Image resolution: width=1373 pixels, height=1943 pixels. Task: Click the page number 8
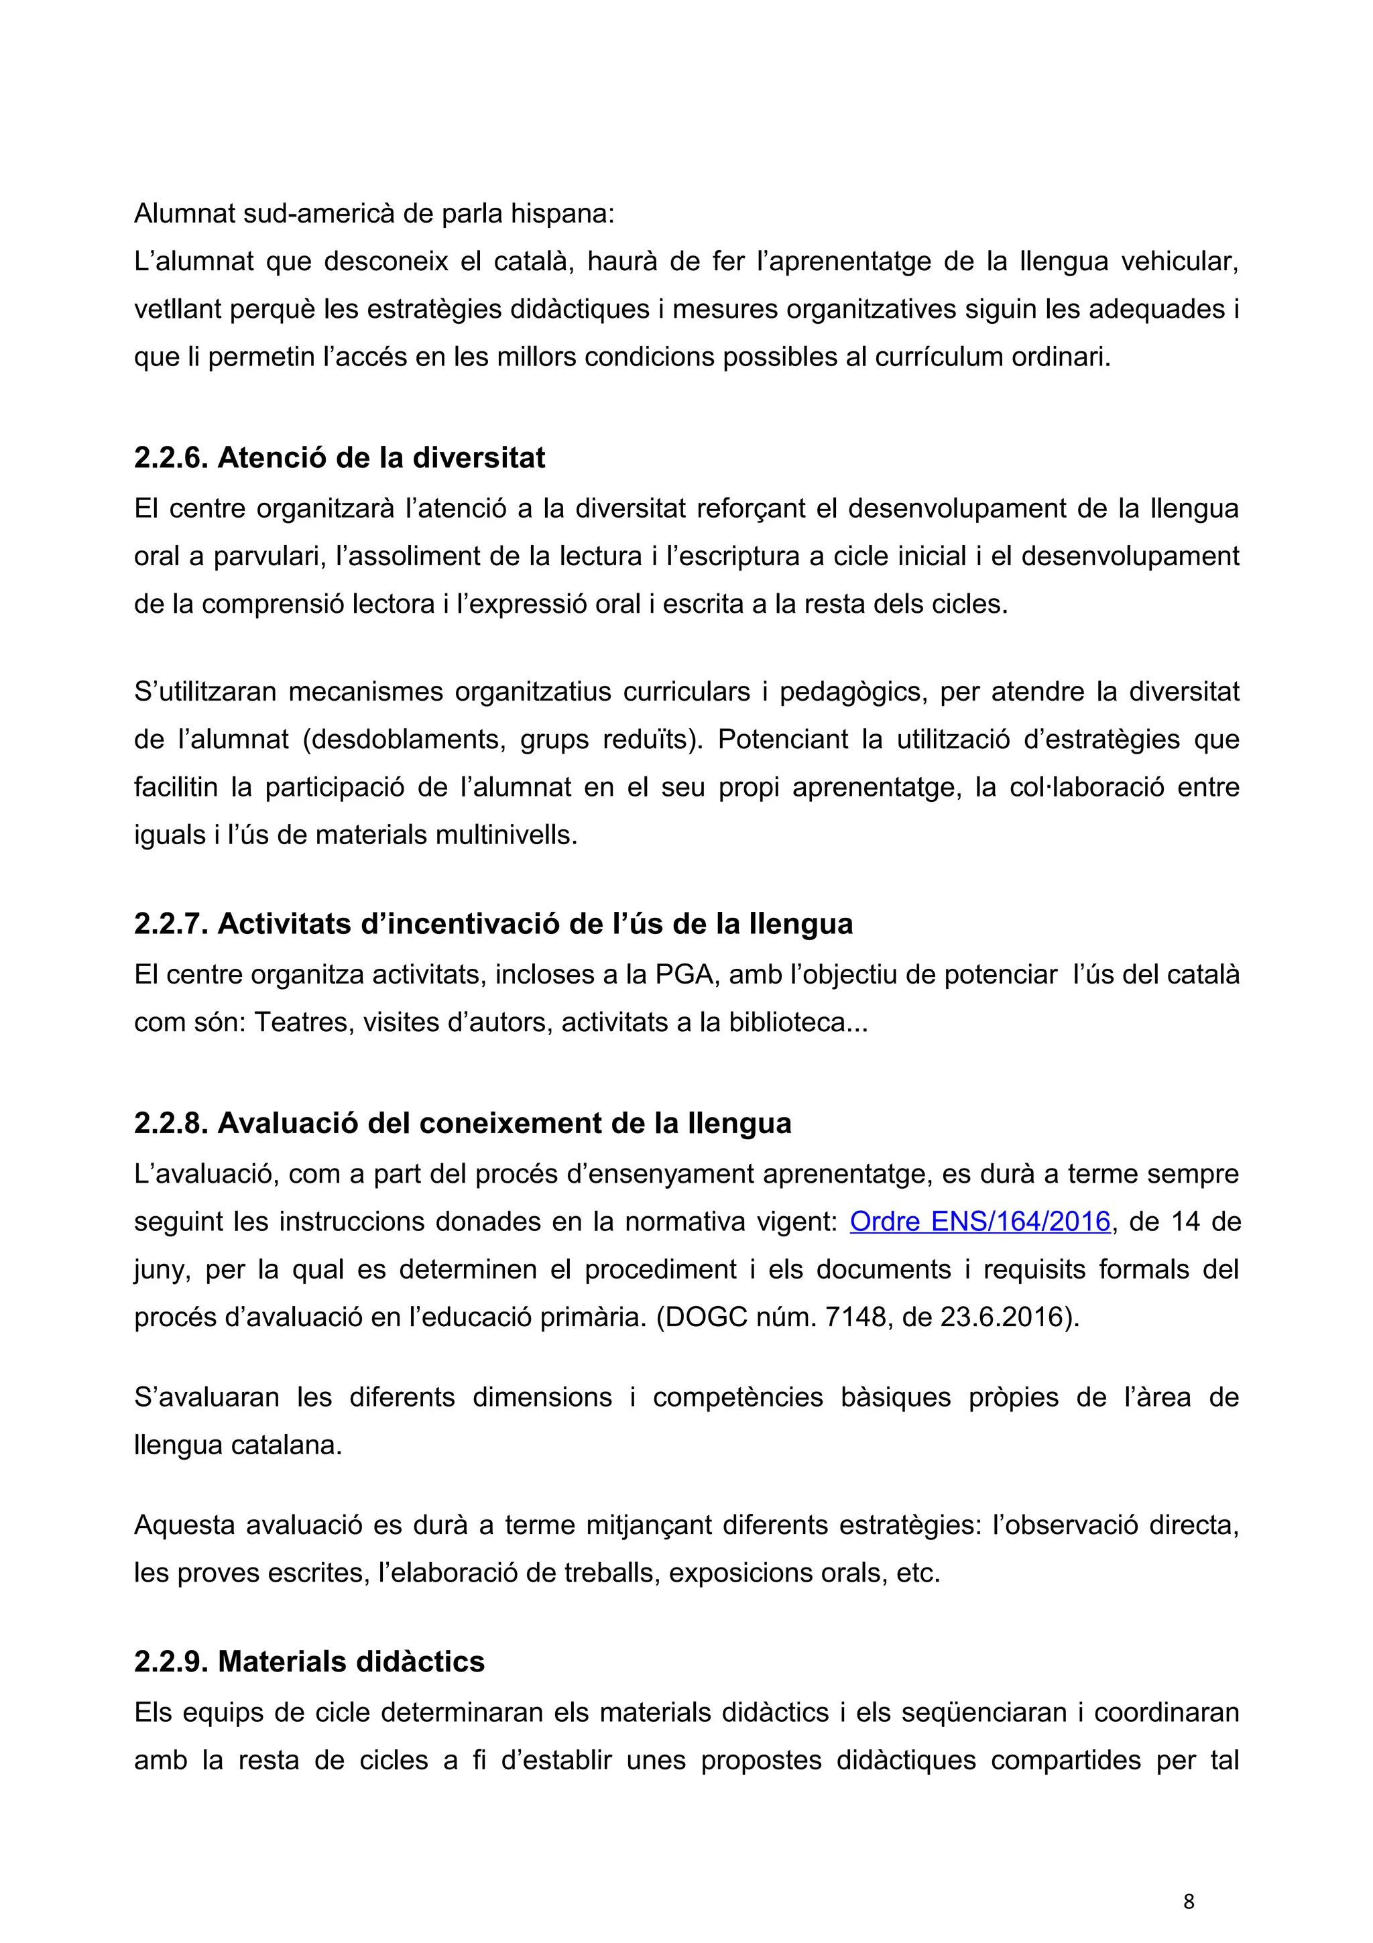[x=1189, y=1901]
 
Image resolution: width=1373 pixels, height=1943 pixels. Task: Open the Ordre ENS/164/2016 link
[x=979, y=1221]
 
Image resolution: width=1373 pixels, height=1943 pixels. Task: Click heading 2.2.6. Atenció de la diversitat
[x=339, y=458]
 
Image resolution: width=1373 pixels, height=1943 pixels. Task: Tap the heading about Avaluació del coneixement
[x=462, y=1123]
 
